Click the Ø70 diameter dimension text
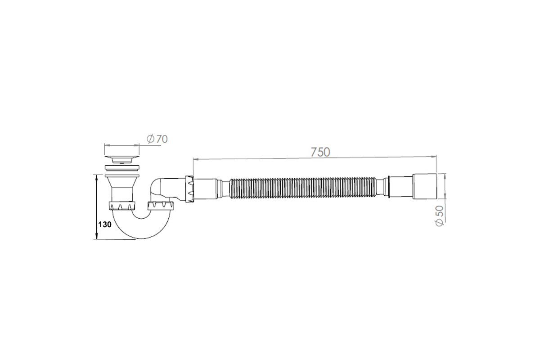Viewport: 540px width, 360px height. tap(157, 139)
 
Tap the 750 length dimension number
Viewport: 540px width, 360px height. tap(320, 152)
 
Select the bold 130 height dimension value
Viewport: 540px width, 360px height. tap(105, 225)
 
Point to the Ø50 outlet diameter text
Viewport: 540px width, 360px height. tap(440, 216)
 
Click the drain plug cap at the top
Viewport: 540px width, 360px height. tap(122, 160)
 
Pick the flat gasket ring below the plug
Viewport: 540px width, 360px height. tap(122, 168)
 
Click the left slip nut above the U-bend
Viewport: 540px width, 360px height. tap(122, 206)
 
